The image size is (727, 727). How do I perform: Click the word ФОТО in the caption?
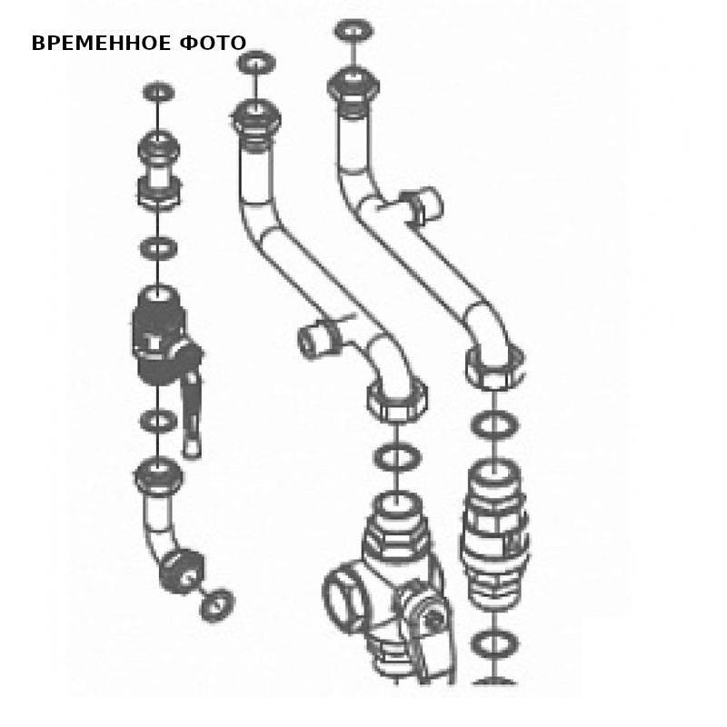pos(213,43)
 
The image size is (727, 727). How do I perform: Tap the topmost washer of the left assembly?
pos(158,92)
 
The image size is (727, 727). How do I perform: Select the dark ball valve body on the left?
pos(162,334)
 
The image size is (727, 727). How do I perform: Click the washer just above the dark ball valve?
pos(158,248)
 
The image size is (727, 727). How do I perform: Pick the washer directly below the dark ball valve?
pos(158,421)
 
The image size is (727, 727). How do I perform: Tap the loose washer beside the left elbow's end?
pos(216,605)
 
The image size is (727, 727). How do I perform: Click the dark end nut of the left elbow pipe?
pos(182,572)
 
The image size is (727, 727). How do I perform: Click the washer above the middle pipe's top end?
pos(256,63)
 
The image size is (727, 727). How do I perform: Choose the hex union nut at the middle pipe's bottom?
pos(397,400)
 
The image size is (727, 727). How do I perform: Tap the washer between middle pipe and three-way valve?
pos(397,457)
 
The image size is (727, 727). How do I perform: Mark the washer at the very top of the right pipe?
pos(354,31)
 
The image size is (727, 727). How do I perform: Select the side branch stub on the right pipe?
pos(422,205)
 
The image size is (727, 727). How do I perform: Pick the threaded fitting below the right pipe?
pos(494,533)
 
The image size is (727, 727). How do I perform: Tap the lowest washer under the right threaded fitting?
pos(493,643)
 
